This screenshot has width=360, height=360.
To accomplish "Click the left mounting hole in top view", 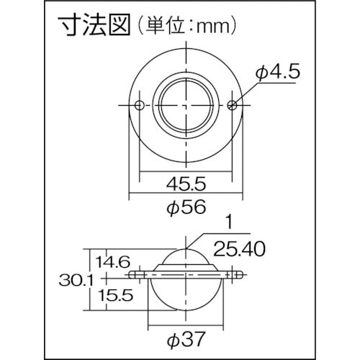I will (139, 105).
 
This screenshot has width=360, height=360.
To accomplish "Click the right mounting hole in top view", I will (230, 105).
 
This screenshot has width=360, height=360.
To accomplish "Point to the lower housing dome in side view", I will (185, 295).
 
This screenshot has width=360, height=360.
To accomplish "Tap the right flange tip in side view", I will (236, 276).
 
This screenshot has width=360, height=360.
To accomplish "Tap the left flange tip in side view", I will (134, 276).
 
